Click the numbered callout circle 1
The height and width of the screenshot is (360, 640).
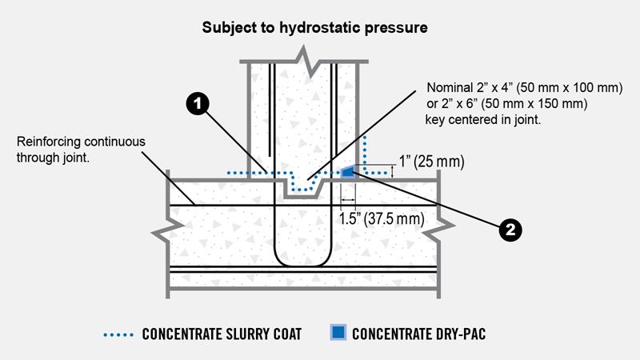198,103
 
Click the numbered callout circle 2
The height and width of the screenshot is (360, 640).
510,230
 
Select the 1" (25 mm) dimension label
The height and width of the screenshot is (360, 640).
431,162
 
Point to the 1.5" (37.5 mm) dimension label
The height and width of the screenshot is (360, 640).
382,218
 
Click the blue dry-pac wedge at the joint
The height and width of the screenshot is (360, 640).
347,171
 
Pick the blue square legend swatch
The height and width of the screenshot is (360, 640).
338,332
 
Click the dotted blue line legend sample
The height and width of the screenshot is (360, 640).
118,334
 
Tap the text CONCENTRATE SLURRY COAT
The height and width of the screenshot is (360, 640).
222,334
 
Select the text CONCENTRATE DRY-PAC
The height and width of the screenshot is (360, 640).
418,334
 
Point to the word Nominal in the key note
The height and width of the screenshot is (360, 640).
450,87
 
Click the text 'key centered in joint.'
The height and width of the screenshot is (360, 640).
483,119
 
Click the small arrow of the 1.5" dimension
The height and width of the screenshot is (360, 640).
348,199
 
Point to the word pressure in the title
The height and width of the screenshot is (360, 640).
396,28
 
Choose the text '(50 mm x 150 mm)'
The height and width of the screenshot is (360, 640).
534,103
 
